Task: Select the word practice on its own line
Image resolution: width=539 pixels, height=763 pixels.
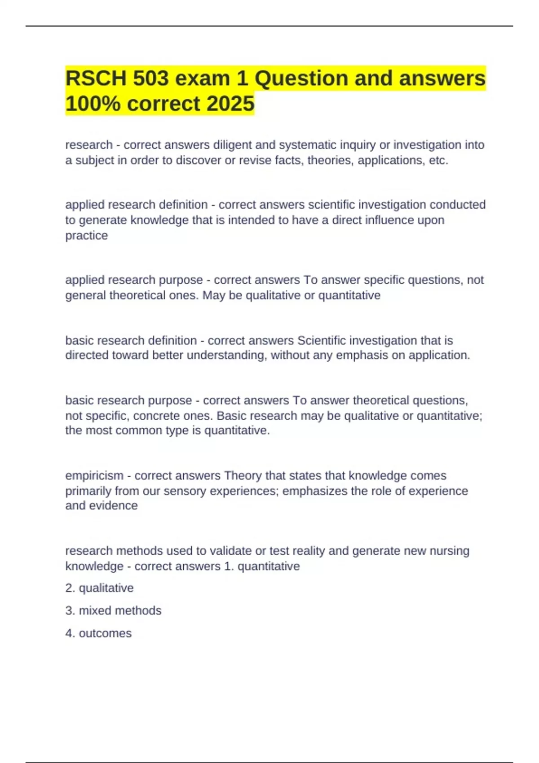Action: tap(86, 236)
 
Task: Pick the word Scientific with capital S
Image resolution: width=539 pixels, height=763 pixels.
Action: tap(325, 340)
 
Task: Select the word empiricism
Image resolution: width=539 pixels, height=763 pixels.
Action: tap(94, 475)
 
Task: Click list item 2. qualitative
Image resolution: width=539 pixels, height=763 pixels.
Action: tap(99, 588)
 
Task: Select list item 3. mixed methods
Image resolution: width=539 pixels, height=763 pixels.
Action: tap(113, 610)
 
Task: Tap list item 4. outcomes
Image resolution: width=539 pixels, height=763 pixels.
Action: tap(98, 633)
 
